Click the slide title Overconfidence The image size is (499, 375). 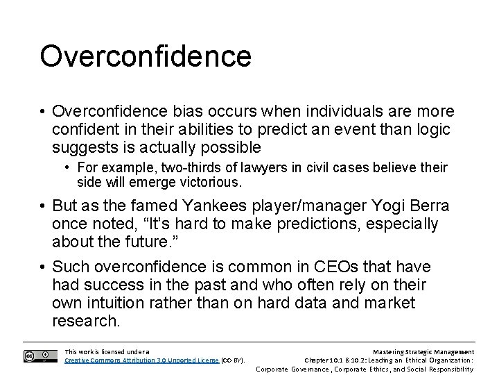pos(145,56)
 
